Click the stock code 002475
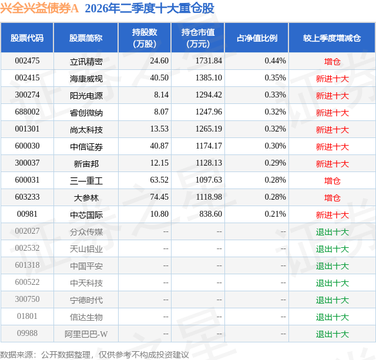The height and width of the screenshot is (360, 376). point(27,61)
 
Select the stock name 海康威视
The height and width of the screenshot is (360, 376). point(86,78)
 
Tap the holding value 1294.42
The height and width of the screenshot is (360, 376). point(209,95)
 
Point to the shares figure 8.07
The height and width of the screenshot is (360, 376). point(161,112)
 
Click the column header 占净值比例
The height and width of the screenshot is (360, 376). point(257,38)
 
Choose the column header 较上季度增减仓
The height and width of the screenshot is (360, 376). point(331,38)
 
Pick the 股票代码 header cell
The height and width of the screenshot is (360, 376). point(27,38)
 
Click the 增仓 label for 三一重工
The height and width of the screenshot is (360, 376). point(332,180)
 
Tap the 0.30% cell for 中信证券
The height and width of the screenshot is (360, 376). point(276,146)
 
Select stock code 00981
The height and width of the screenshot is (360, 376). point(27,214)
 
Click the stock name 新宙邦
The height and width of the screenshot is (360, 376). point(86,163)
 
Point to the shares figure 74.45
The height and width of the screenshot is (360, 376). point(159,197)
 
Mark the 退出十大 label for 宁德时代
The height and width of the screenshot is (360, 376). point(332,300)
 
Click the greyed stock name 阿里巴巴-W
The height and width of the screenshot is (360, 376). point(86,334)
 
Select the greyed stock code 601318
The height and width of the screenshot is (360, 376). point(27,265)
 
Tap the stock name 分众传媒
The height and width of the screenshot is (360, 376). point(86,231)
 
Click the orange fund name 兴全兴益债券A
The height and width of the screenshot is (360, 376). point(39,8)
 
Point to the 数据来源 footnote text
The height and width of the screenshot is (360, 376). point(94,355)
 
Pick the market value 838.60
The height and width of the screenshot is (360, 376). point(210,214)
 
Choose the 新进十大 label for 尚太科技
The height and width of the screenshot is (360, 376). point(332,129)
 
